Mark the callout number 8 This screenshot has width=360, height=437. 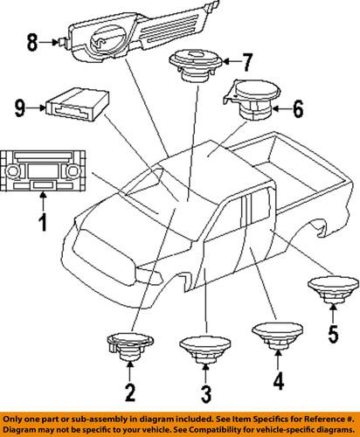coord(32,40)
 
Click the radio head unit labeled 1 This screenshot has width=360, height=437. coord(43,169)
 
